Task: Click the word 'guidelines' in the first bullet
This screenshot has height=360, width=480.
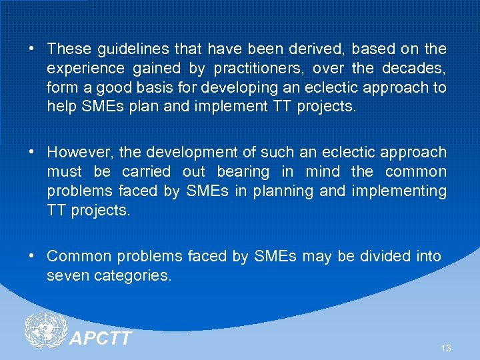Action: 127,49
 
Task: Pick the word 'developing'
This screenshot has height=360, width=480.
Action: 234,87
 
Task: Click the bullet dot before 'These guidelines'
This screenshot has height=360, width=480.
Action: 32,49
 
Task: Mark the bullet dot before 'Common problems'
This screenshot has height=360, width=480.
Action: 32,256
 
